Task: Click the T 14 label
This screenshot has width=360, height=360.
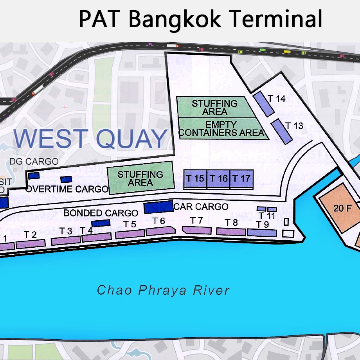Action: pos(277,99)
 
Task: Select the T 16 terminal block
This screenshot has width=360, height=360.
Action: pos(218,179)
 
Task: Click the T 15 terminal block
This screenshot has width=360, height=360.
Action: pos(195,179)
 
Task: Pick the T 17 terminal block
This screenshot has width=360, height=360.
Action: pos(241,179)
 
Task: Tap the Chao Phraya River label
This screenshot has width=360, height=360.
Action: pos(163,290)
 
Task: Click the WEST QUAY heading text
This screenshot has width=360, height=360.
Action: pos(90,139)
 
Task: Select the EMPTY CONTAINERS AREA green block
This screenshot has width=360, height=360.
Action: pos(221,129)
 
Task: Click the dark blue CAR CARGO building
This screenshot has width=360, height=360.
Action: pos(158,207)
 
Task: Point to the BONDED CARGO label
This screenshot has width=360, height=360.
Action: pos(101,213)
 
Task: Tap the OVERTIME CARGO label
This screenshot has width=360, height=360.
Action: pos(67,189)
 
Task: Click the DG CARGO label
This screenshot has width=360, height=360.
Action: pos(34,161)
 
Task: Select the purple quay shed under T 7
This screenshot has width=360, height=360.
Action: pos(197,230)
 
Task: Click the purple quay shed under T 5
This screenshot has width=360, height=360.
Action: pos(130,234)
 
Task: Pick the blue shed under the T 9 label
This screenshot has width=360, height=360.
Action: pos(262,233)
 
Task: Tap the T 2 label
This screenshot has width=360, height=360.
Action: pos(30,235)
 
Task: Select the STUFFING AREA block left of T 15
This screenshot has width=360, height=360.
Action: pos(141,178)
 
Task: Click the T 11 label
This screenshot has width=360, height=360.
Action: pos(266,216)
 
